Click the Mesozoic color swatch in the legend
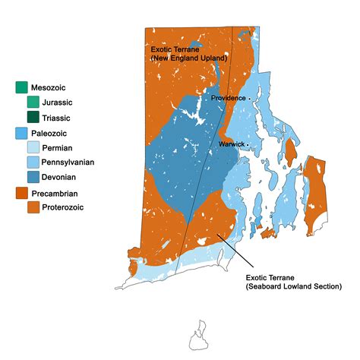coord(21,87)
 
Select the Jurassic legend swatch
coord(33,102)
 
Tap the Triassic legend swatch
coord(33,117)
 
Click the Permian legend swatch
coord(33,147)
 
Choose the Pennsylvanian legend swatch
coord(33,162)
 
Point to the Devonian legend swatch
coord(33,176)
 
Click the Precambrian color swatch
coord(21,193)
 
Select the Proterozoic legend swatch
coord(33,207)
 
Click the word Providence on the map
coord(228,98)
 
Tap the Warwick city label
coord(231,143)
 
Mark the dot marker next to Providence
coord(249,99)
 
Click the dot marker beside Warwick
coord(248,144)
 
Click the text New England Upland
coord(182,58)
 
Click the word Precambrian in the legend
coord(64,193)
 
